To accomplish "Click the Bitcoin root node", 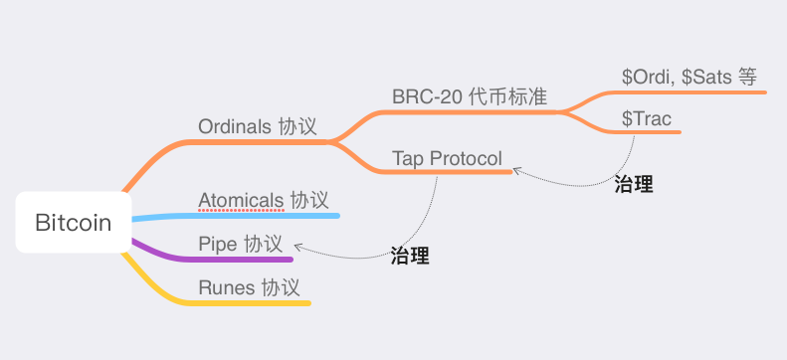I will (x=74, y=223).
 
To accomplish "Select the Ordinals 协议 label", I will (x=258, y=127).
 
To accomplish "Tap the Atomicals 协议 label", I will (x=264, y=200).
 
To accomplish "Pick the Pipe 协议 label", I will (x=240, y=244).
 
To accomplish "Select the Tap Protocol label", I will (x=447, y=158).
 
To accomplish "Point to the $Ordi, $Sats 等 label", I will (x=689, y=76).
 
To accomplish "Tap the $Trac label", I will (x=647, y=118).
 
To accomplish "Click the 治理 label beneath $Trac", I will (x=634, y=184).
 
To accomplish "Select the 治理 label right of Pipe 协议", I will (x=410, y=255).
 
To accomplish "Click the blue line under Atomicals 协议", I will (x=269, y=216).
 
